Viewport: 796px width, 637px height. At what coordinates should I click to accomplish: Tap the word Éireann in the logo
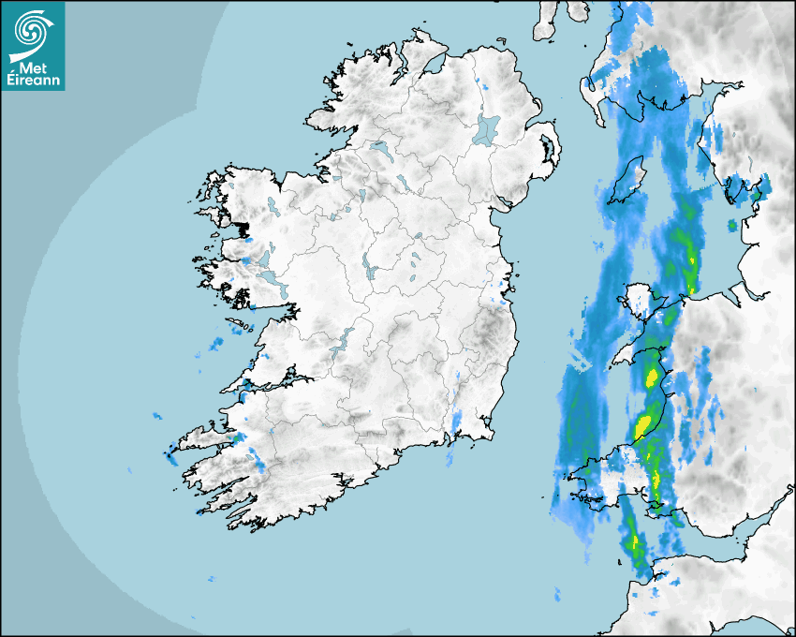(34, 81)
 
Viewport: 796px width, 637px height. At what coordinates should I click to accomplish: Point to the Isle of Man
(628, 181)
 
